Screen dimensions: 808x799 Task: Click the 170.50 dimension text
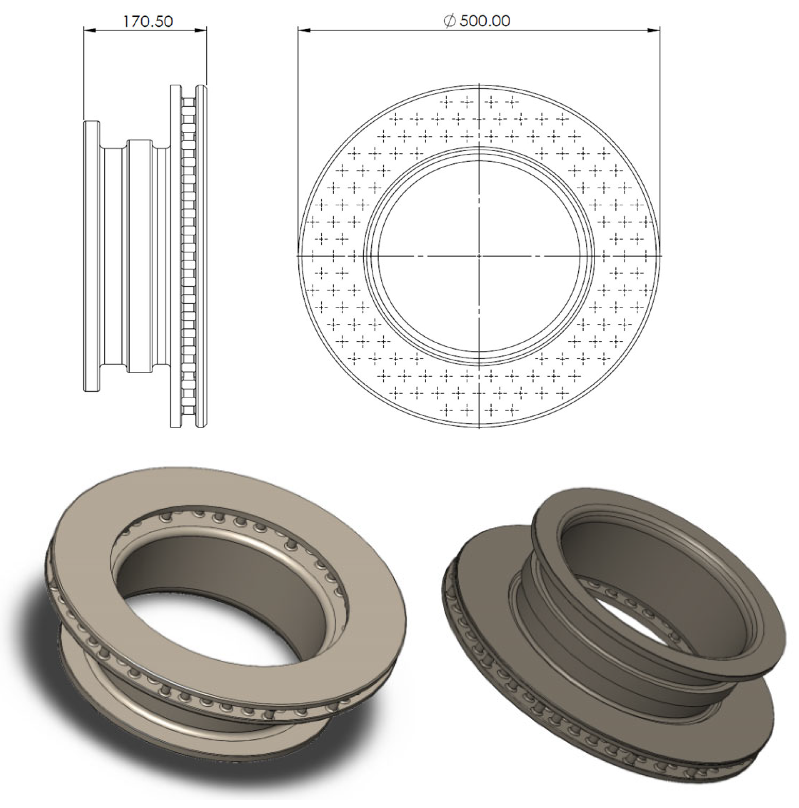148,21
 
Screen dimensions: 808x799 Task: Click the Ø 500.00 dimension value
484,21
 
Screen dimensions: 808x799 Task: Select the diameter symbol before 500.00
449,21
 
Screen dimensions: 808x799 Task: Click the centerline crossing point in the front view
479,255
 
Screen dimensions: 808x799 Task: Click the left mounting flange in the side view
91,256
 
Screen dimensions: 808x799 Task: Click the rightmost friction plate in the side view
201,256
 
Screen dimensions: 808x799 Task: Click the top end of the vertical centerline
479,84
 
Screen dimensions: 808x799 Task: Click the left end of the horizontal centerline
297,255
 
